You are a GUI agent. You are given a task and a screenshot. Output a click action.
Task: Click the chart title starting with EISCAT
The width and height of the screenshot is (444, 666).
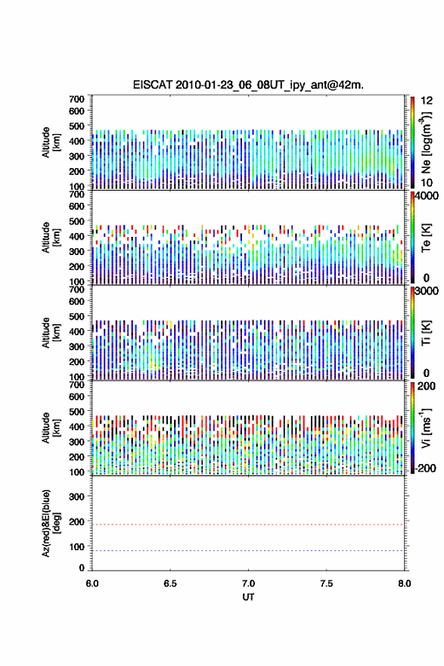(x=248, y=85)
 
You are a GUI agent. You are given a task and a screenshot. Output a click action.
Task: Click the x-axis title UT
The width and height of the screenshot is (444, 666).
(x=248, y=597)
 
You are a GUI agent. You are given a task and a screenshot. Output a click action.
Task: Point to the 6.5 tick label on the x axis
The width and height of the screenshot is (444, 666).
(x=170, y=584)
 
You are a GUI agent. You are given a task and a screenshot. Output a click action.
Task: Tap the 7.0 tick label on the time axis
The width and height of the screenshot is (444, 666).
(x=248, y=584)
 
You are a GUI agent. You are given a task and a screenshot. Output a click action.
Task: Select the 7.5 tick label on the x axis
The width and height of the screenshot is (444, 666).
(x=327, y=584)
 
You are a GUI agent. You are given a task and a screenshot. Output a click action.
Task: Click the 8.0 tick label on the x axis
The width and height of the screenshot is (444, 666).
(x=405, y=584)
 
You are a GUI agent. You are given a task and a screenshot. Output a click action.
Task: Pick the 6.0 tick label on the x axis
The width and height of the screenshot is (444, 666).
(x=92, y=584)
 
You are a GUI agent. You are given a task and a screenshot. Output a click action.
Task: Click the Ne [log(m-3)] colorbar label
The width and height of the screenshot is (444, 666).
(x=426, y=143)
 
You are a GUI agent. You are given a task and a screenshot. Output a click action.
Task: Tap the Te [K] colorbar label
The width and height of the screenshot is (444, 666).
(x=426, y=238)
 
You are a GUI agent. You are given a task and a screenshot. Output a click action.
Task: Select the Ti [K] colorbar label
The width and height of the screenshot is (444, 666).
(x=426, y=333)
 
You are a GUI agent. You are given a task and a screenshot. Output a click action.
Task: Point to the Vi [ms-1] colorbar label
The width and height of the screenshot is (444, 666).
(x=426, y=428)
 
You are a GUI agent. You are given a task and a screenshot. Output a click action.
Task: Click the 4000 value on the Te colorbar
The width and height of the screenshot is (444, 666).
(x=427, y=197)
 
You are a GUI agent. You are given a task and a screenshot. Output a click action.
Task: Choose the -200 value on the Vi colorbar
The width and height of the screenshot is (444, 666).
(x=425, y=468)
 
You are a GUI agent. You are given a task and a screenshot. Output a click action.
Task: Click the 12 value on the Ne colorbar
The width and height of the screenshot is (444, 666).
(x=427, y=101)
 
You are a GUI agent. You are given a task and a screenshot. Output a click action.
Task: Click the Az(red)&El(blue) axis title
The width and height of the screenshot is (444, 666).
(x=51, y=523)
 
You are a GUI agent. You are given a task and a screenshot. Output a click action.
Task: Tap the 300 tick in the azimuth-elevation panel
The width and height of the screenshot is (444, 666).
(x=77, y=496)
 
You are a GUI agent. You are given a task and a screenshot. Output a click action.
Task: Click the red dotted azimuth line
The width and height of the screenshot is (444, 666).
(x=247, y=524)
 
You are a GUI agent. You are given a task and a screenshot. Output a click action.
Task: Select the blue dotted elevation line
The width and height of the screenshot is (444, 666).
(x=247, y=550)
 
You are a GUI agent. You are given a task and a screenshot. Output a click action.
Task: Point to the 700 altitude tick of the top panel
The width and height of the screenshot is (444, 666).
(x=77, y=99)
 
